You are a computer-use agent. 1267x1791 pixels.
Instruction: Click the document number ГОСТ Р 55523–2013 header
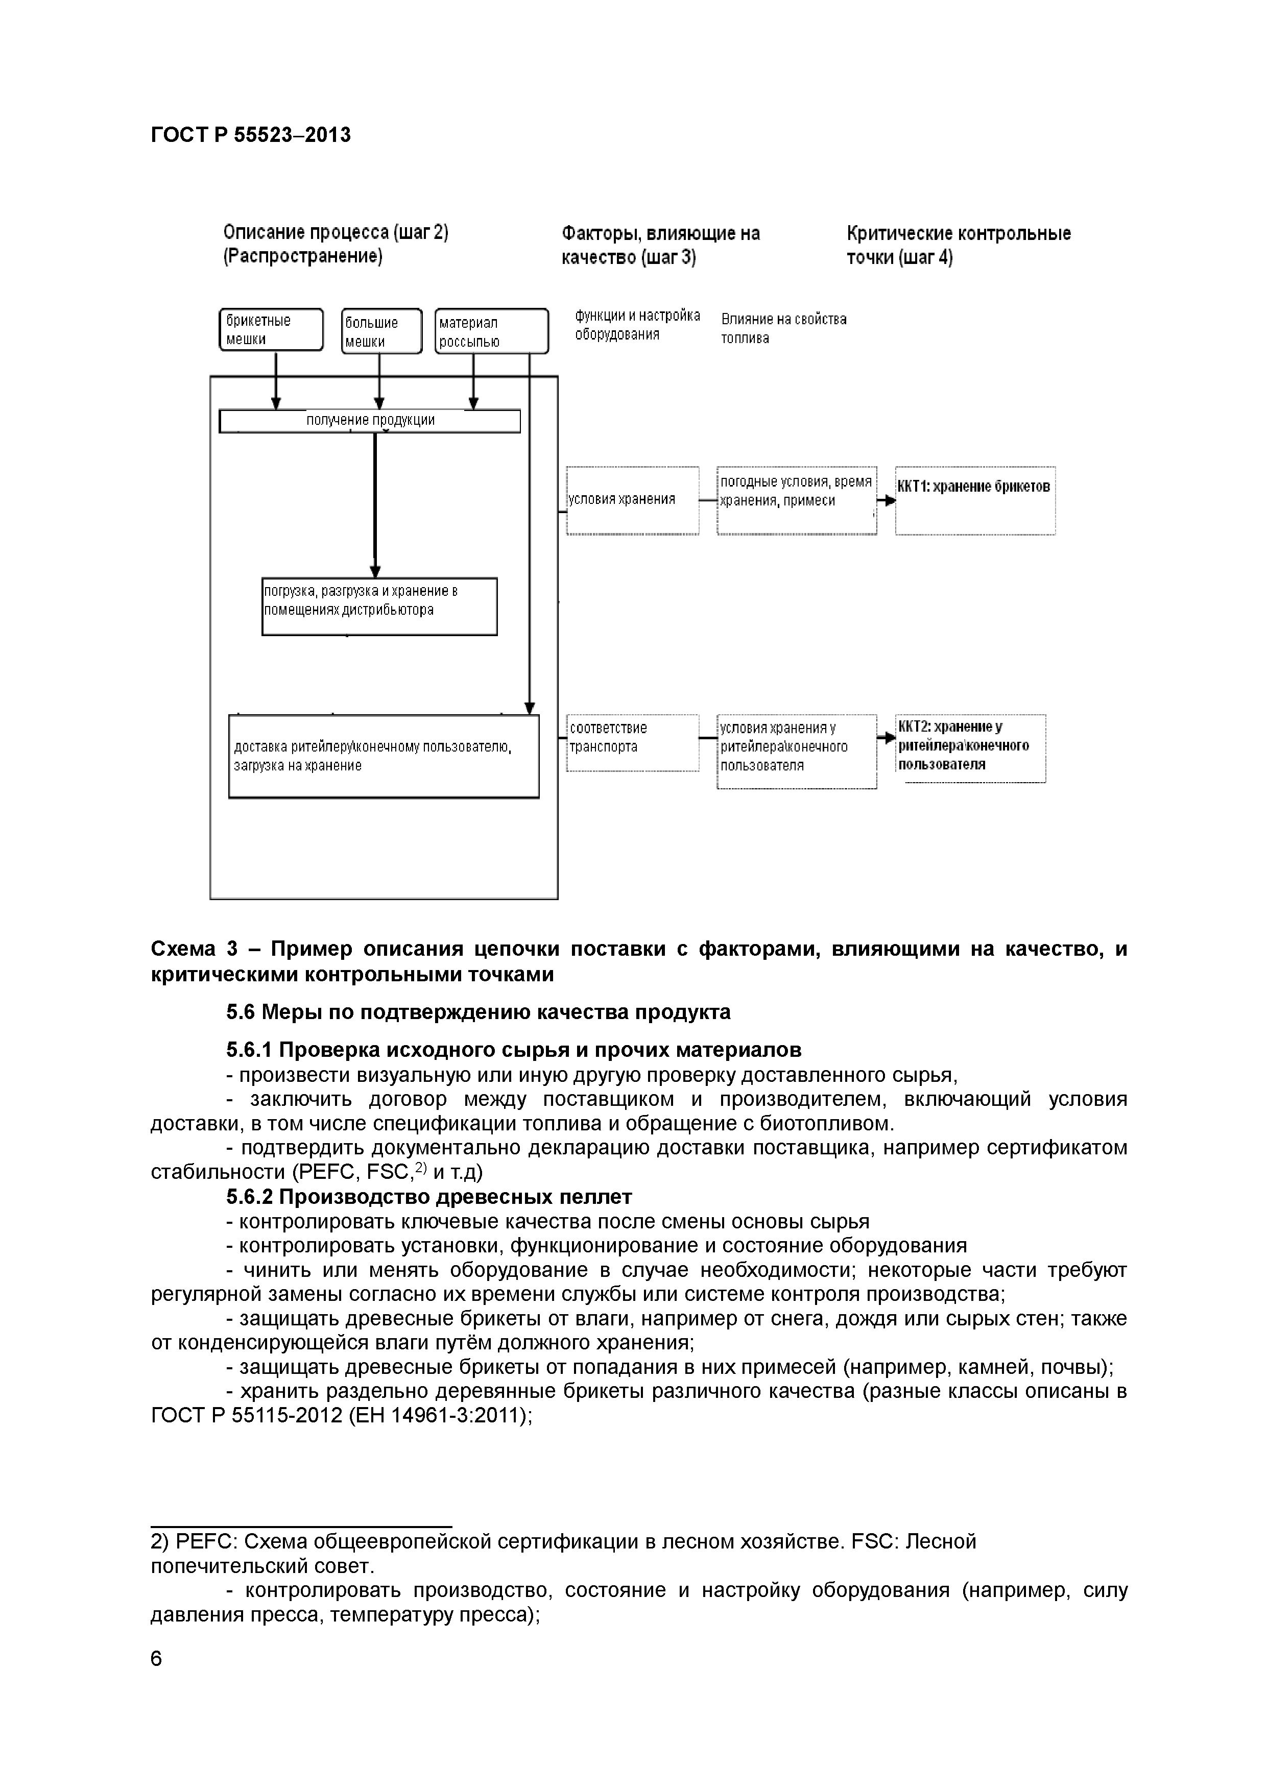point(250,136)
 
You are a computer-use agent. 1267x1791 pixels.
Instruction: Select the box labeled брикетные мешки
point(271,330)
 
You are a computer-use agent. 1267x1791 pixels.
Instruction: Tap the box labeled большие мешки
point(381,331)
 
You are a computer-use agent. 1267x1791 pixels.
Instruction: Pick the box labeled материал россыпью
point(491,331)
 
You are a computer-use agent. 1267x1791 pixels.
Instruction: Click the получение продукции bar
point(370,421)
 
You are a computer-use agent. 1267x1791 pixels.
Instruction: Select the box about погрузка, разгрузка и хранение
point(379,606)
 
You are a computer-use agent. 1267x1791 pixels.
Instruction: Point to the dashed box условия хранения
point(632,500)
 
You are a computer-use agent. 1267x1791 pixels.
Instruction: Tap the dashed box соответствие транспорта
point(632,743)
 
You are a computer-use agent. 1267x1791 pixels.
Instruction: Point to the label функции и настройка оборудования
point(637,325)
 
